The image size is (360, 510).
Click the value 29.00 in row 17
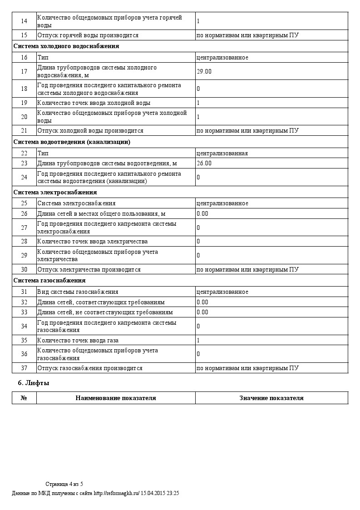point(204,71)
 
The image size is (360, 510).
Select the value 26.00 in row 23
point(204,163)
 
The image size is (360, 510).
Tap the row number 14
point(24,21)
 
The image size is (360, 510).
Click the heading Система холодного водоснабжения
point(66,46)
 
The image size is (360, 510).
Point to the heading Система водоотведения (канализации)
point(72,142)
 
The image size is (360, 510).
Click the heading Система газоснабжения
point(49,281)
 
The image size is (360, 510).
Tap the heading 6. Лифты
point(34,383)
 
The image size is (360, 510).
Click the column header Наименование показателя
point(116,398)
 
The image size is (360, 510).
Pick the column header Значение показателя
point(271,398)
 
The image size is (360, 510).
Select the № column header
point(24,398)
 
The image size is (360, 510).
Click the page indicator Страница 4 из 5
point(64,484)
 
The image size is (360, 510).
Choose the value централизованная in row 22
point(222,153)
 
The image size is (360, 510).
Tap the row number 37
point(24,368)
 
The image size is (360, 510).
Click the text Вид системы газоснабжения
point(78,292)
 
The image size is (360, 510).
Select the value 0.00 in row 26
point(202,213)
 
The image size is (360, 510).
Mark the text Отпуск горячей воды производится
point(88,35)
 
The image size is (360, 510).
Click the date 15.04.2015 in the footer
point(153,493)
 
